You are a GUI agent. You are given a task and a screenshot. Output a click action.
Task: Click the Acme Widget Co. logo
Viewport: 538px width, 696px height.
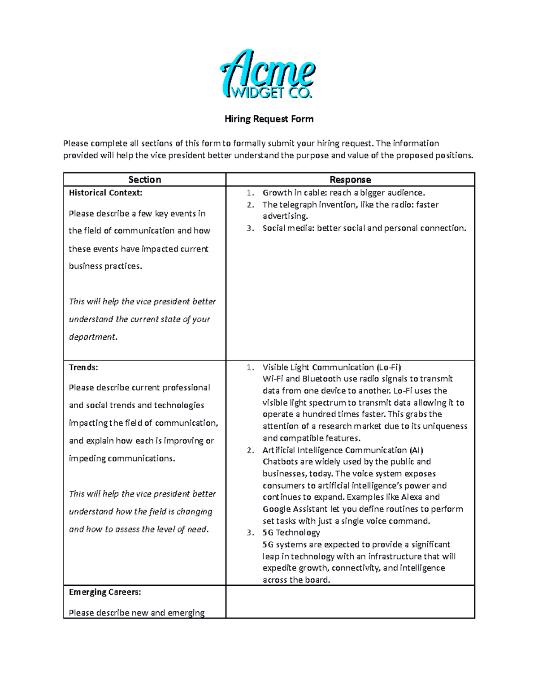point(268,74)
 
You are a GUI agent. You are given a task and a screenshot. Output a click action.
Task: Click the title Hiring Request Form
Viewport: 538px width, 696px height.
point(269,119)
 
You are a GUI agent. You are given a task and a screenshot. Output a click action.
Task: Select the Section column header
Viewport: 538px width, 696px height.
point(144,180)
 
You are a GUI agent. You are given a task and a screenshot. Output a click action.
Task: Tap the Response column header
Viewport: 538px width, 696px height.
point(350,180)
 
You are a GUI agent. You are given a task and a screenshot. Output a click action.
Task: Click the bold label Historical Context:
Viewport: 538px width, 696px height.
point(105,193)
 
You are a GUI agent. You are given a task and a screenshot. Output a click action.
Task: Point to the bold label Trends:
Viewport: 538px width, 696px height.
point(83,367)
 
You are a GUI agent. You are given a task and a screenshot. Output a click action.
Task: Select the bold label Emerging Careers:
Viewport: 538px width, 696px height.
point(105,592)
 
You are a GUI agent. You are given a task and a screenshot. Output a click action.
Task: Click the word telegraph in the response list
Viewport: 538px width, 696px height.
point(299,205)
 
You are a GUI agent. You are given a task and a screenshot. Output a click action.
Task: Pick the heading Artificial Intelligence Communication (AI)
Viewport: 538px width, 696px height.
point(343,450)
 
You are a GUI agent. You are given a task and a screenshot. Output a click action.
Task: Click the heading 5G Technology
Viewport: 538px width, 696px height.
point(291,532)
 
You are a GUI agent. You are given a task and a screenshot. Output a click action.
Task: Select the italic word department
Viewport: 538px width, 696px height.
point(92,337)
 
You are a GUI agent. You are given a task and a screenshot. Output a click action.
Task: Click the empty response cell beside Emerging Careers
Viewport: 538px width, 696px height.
point(350,601)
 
